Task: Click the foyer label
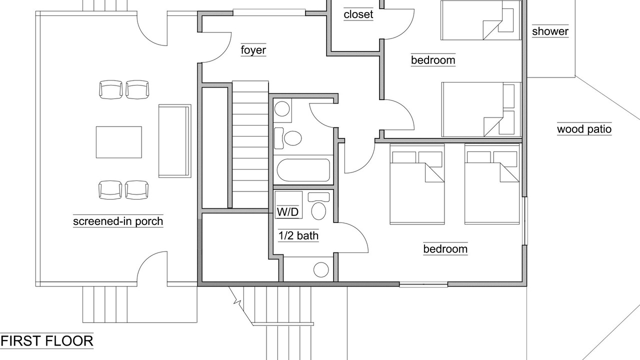click(253, 50)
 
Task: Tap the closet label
click(358, 14)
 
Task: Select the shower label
click(550, 31)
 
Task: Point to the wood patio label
click(584, 129)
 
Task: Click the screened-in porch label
click(118, 221)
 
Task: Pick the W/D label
click(287, 212)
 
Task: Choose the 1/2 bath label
click(298, 235)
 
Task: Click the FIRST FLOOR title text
click(47, 341)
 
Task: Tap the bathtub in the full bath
click(303, 170)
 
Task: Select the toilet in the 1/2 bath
click(318, 206)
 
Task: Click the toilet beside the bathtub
click(288, 138)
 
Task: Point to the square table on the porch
click(119, 142)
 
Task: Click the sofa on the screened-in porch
click(175, 141)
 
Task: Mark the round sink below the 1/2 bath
click(321, 269)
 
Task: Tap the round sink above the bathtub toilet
click(282, 109)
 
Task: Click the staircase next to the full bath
click(250, 144)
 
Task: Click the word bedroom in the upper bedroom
click(433, 60)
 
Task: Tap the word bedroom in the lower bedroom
click(445, 249)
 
